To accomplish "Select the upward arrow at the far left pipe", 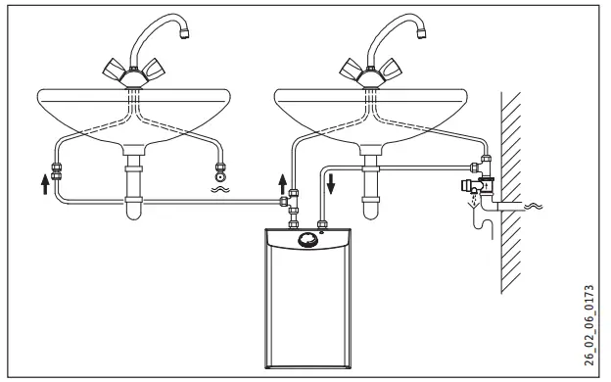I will (x=45, y=183).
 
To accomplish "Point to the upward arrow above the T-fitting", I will (x=284, y=182).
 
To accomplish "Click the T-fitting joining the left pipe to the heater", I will (x=285, y=202).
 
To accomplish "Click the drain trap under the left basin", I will (x=132, y=196).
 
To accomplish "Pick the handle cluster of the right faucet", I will (x=368, y=71).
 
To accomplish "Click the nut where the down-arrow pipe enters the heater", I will (x=321, y=226).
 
